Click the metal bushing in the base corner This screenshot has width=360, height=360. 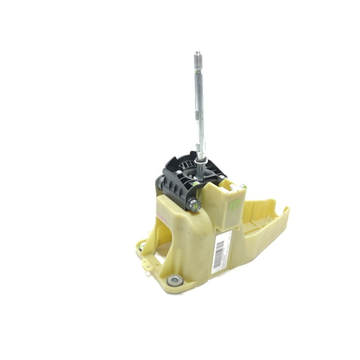175,281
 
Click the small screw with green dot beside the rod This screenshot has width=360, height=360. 196,183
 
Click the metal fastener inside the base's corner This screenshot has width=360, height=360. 142,246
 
